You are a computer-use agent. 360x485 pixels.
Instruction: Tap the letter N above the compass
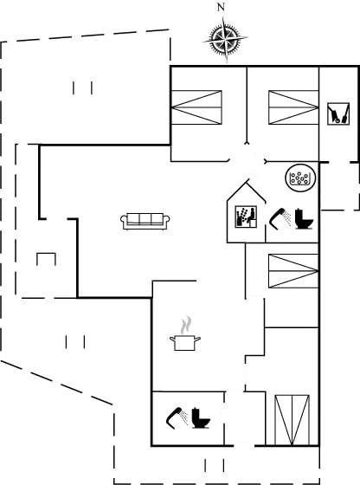221,7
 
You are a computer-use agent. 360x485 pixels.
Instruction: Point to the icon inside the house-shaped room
245,217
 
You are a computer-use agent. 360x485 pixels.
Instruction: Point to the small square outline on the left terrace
47,259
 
